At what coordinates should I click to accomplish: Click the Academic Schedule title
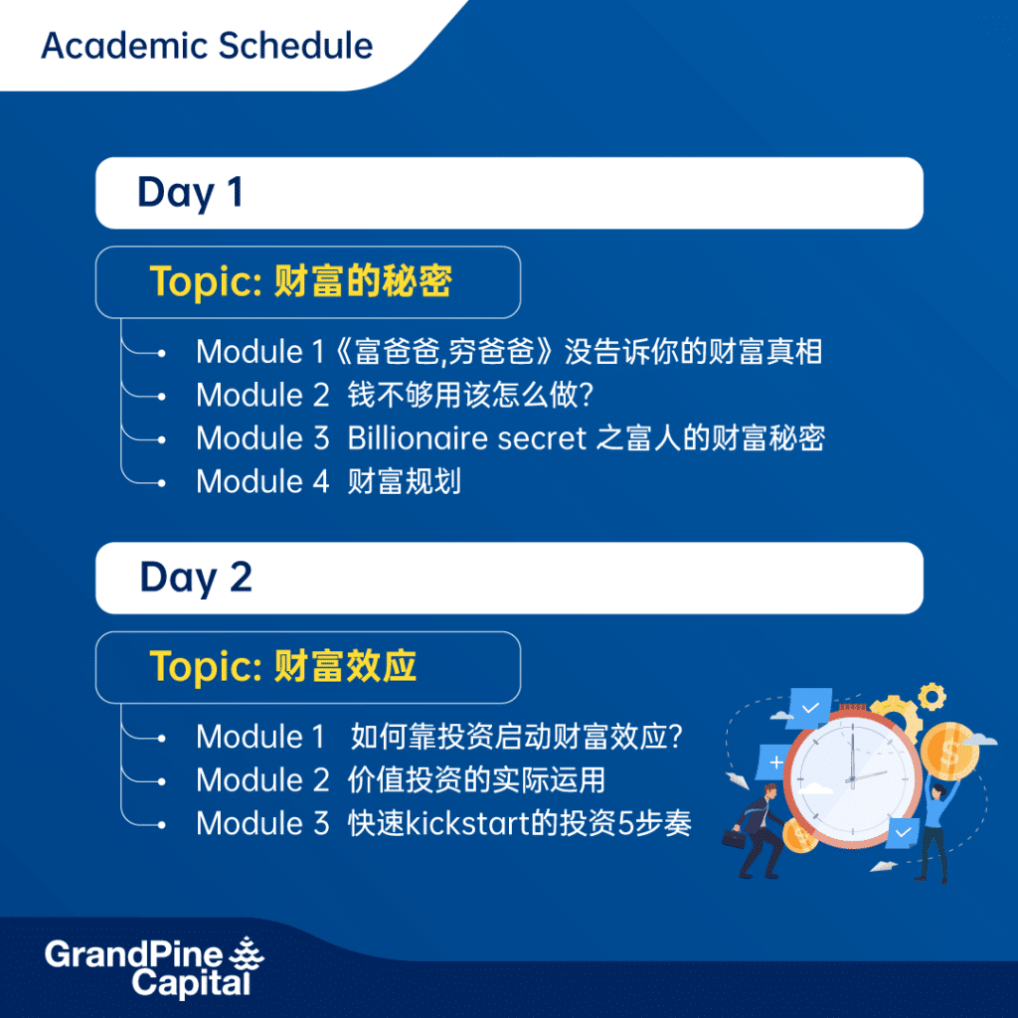click(207, 46)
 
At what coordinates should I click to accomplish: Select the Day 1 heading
click(190, 193)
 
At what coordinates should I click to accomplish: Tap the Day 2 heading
click(196, 578)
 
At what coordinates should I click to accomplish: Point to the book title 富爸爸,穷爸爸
click(444, 352)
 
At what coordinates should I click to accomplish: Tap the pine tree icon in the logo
click(247, 954)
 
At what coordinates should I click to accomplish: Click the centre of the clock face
click(852, 778)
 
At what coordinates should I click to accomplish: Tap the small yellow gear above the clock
click(932, 697)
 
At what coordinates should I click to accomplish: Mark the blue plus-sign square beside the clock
click(774, 762)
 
